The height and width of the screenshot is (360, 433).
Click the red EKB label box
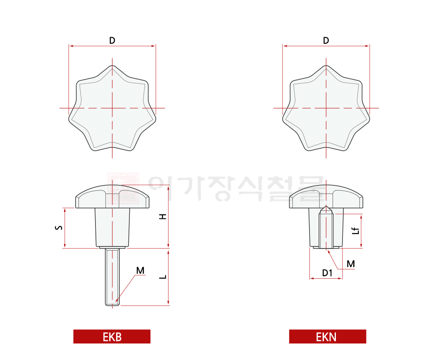[112, 336]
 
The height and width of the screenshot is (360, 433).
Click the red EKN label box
[328, 336]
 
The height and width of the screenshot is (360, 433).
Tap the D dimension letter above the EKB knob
[112, 40]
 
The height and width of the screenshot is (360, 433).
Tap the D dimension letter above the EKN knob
[326, 40]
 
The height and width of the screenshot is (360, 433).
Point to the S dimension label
[59, 227]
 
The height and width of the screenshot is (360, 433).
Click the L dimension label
[163, 277]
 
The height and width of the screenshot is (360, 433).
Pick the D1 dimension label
[327, 273]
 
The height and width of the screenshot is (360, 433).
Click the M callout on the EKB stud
[140, 270]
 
